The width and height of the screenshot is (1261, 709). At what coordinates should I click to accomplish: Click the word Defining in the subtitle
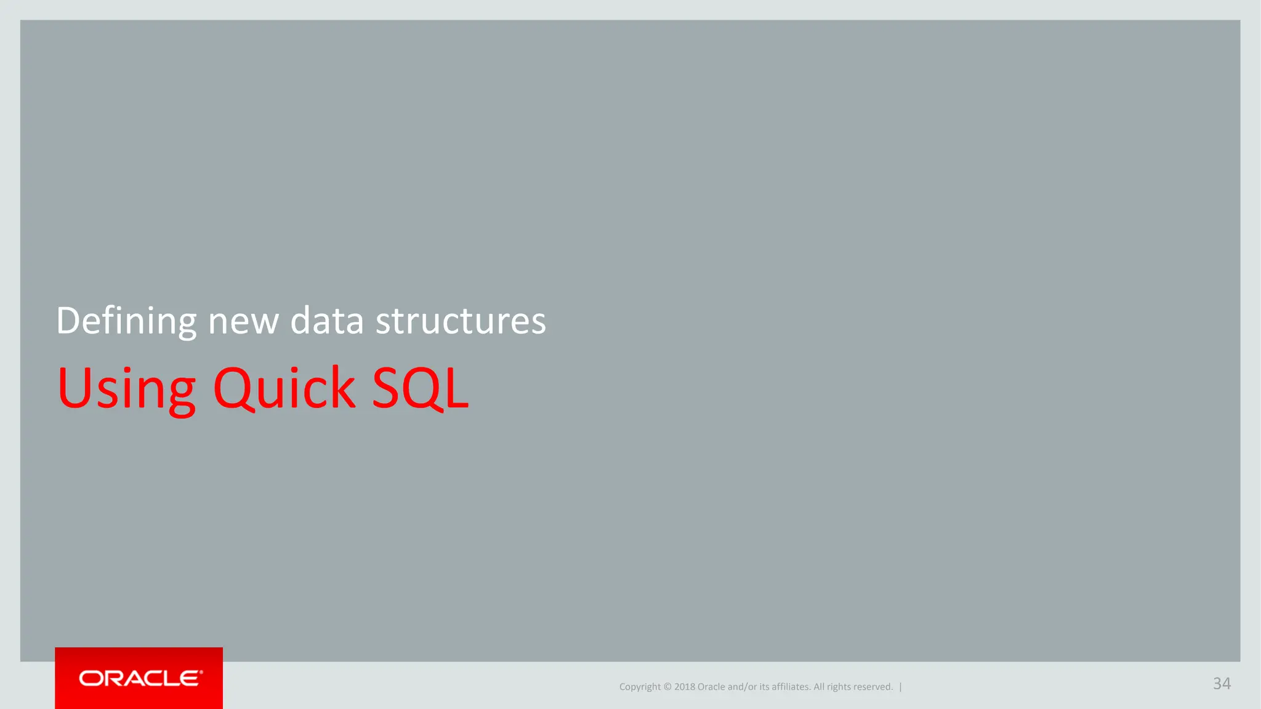(x=126, y=321)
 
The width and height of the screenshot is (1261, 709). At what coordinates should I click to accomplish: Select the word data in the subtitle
(x=327, y=321)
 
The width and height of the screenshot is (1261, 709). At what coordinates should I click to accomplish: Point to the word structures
(x=461, y=321)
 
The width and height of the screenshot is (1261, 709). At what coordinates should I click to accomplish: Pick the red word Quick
(x=284, y=388)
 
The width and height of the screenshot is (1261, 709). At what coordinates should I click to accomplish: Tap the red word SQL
(x=421, y=388)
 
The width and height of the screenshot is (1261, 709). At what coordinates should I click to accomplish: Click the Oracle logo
(x=139, y=678)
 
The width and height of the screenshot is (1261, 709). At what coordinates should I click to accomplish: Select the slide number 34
(x=1222, y=683)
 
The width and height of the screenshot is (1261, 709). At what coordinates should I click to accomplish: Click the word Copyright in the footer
(x=639, y=687)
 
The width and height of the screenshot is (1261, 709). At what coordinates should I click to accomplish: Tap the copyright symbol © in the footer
(x=667, y=687)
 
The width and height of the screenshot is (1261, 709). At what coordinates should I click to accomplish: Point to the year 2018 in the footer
(x=684, y=687)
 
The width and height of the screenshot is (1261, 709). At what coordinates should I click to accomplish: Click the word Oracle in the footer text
(x=711, y=687)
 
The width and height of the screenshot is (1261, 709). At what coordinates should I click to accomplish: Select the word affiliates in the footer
(x=791, y=687)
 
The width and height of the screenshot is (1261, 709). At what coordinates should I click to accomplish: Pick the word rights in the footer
(x=839, y=687)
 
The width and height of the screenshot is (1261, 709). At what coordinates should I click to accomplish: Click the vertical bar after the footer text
(x=900, y=687)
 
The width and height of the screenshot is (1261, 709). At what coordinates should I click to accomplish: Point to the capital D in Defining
(x=67, y=321)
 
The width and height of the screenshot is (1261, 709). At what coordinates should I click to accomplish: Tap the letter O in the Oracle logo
(x=91, y=678)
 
